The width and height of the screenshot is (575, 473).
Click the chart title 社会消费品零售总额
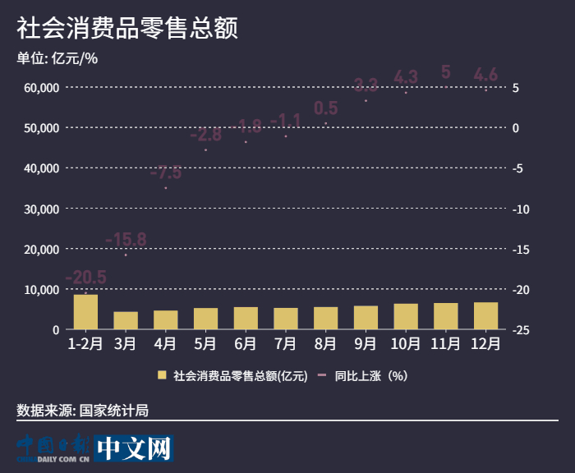coord(127,29)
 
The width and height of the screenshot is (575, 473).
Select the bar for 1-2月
coord(85,312)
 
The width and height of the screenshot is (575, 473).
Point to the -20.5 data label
coord(85,277)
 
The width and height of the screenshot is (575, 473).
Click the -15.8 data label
coord(126,240)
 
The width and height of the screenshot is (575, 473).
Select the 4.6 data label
coord(485,76)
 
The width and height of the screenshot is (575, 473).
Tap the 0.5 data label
coord(325,108)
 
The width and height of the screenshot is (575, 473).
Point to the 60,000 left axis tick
coord(40,87)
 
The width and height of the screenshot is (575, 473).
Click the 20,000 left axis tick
coord(40,249)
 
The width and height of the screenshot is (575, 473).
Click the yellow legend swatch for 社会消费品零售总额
coord(162,376)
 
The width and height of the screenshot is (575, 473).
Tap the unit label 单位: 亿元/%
coord(57,57)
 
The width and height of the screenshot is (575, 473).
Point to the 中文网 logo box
coord(133,448)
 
